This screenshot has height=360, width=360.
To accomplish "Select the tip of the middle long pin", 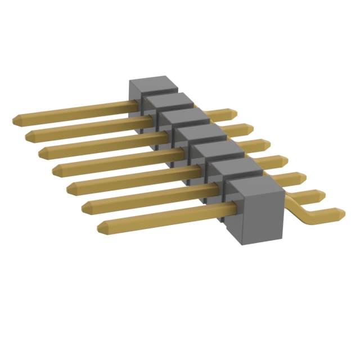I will point(56,168).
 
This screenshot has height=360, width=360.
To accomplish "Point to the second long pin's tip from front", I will point(85,208).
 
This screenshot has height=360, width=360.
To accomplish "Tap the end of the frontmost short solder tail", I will point(341,213).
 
